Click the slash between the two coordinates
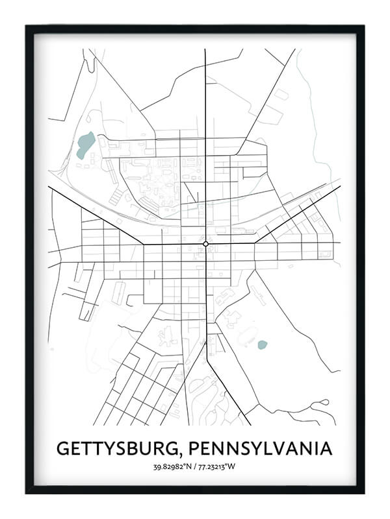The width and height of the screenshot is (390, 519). (x=196, y=466)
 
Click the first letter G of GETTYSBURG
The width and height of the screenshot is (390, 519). (x=64, y=448)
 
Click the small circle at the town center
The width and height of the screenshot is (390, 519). (x=205, y=244)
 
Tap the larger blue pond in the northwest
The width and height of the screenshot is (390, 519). (x=84, y=145)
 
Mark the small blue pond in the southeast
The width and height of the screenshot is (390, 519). (x=262, y=344)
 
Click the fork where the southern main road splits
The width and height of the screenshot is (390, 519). (x=207, y=344)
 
